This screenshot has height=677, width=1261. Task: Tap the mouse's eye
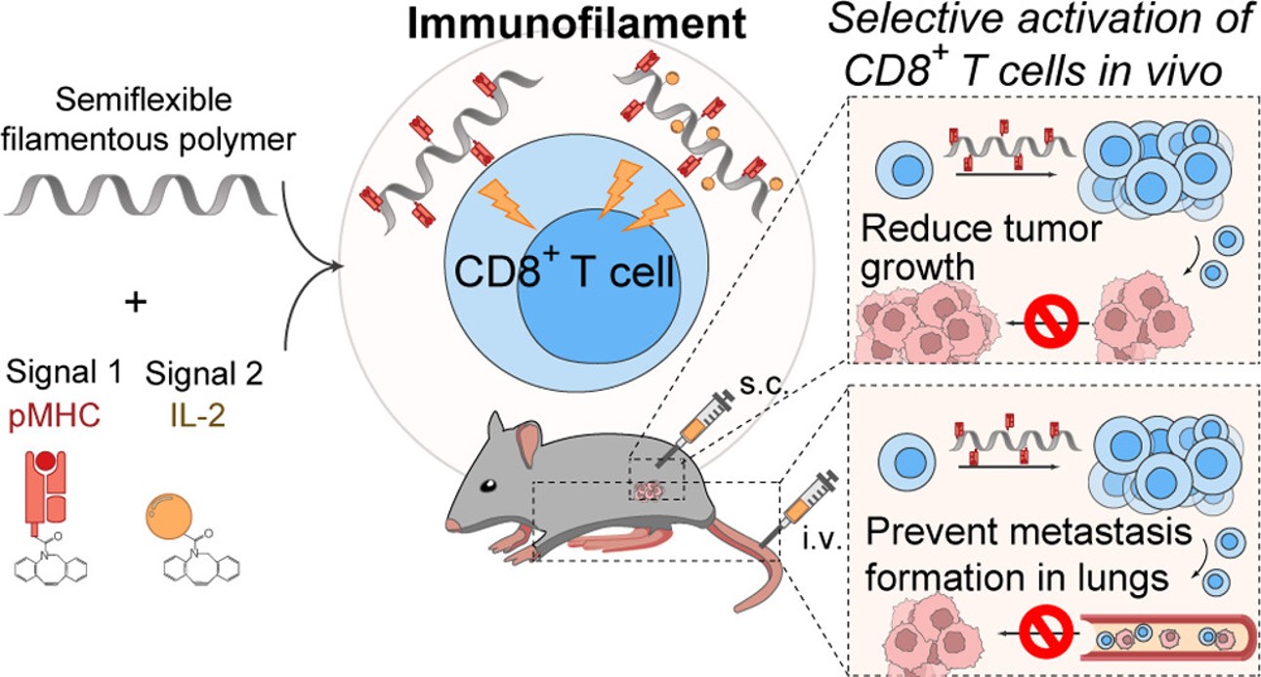485,486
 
